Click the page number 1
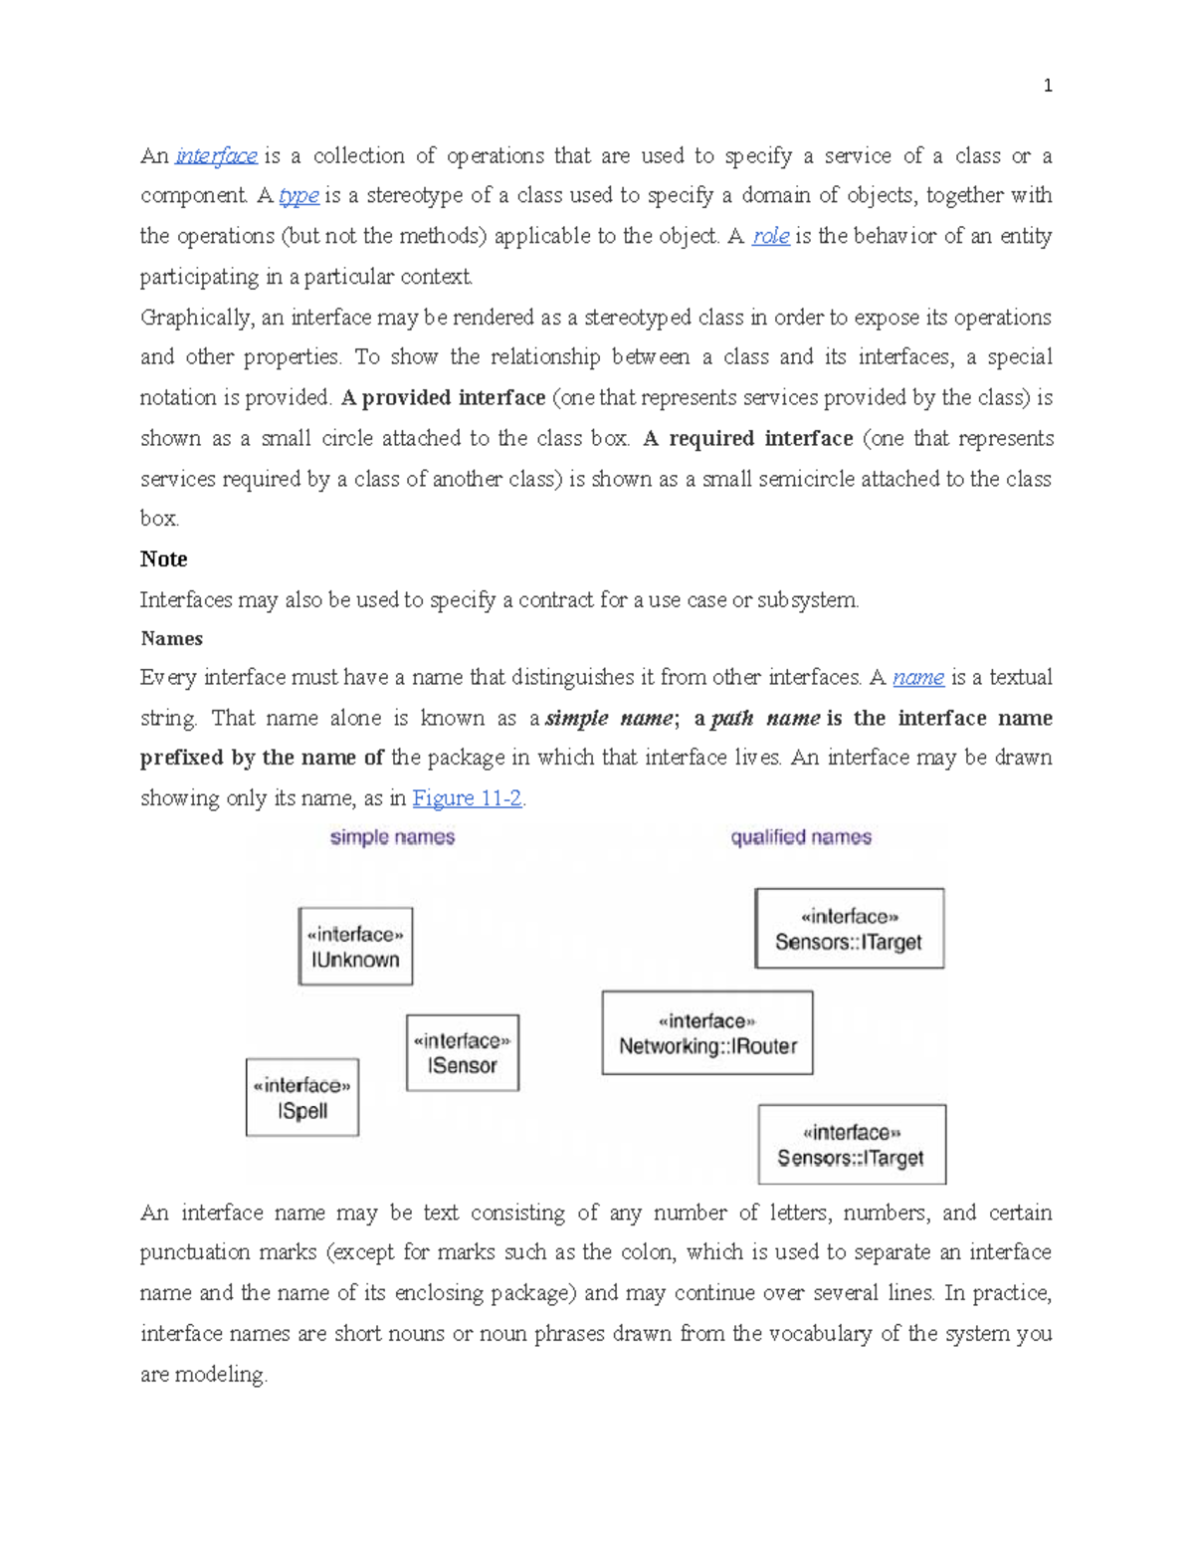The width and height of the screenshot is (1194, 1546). tap(1047, 86)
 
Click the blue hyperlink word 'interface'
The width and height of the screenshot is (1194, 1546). tap(216, 156)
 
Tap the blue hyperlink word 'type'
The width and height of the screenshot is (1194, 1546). tap(298, 196)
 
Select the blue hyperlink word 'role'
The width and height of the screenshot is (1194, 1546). tap(770, 237)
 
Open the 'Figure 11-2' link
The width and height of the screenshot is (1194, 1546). tap(467, 798)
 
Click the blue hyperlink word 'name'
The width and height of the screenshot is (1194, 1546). tap(917, 678)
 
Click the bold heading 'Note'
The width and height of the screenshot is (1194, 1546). tap(164, 559)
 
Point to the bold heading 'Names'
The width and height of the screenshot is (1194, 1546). tap(172, 639)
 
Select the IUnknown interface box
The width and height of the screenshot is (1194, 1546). tap(355, 947)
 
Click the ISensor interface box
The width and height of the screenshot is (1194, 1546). tap(463, 1053)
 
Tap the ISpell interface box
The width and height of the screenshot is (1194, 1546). tap(302, 1098)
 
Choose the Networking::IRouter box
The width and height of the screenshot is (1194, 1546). tap(707, 1033)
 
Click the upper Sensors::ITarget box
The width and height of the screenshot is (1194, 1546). tap(849, 929)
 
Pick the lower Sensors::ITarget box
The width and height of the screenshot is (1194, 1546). tap(852, 1145)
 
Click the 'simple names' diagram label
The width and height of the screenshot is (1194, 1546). tap(392, 837)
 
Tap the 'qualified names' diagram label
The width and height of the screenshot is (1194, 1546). tap(801, 837)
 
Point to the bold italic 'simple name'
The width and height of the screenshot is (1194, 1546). tap(609, 719)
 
